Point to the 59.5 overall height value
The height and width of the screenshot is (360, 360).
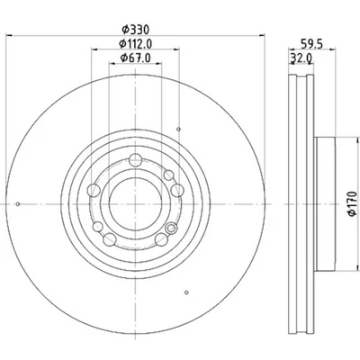311,42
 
